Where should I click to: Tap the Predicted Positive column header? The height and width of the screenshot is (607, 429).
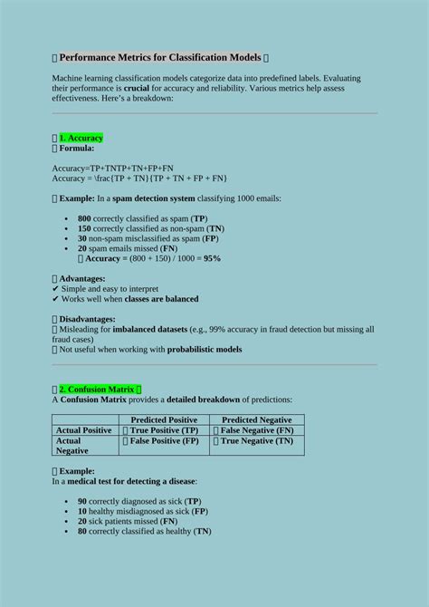(x=164, y=419)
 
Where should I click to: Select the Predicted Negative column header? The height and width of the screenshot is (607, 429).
(x=257, y=419)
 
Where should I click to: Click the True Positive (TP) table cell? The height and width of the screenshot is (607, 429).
(x=164, y=430)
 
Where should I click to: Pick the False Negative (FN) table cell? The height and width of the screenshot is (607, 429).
(x=257, y=430)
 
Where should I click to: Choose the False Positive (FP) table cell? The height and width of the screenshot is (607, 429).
(x=164, y=441)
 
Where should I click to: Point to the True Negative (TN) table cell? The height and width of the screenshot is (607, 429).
(x=257, y=441)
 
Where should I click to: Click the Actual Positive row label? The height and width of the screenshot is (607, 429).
(x=84, y=430)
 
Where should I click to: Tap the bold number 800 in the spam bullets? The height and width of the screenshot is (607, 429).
(x=84, y=218)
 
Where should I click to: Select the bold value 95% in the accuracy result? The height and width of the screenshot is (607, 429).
(x=212, y=258)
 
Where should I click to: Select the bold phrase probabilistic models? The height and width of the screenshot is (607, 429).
(x=203, y=349)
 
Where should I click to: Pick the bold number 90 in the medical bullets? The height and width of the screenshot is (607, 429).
(x=82, y=500)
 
